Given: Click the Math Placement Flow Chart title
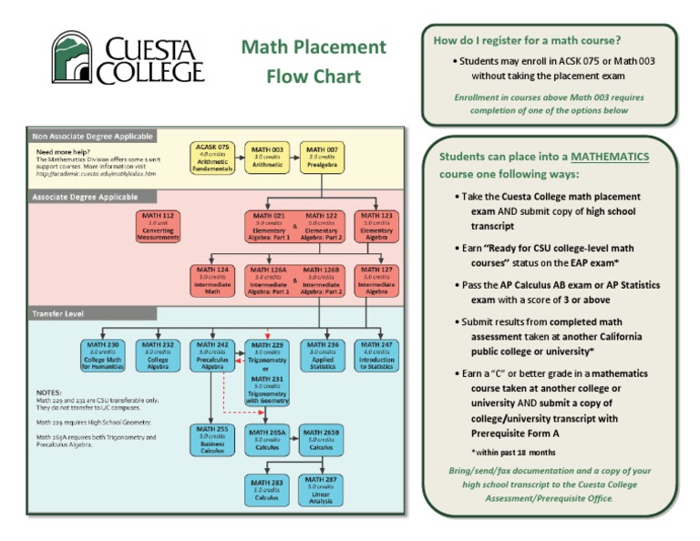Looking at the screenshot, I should click(314, 61).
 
